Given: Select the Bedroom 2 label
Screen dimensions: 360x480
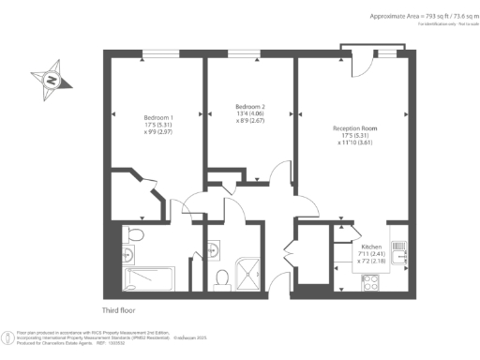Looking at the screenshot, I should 250,106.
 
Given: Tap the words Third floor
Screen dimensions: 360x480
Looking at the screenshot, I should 122,310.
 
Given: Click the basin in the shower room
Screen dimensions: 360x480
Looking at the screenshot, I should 215,247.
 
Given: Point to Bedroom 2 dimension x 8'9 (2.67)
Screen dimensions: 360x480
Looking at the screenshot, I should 250,121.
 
